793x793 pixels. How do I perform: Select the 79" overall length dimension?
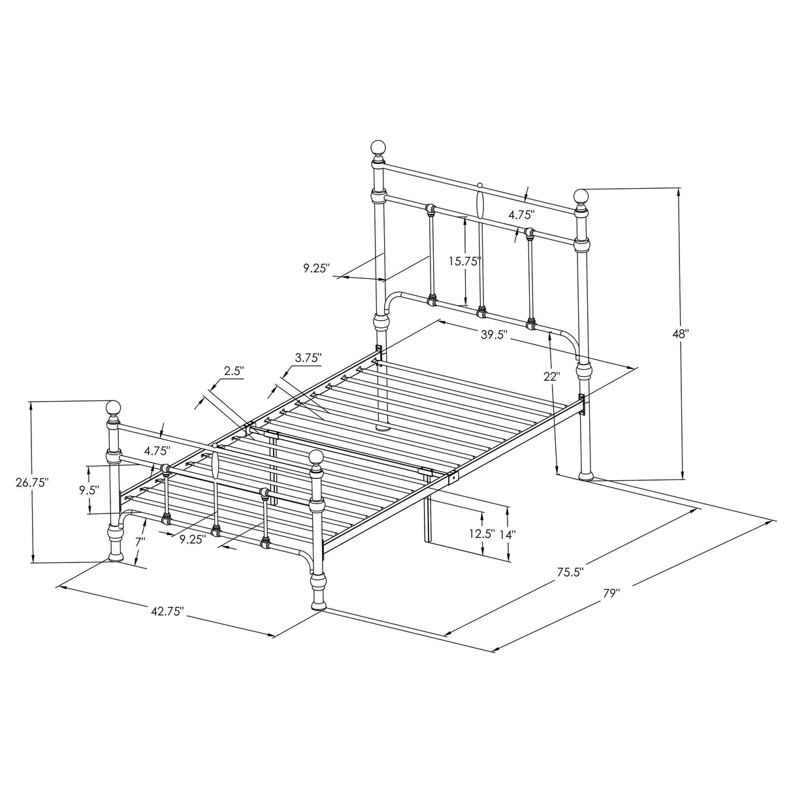tap(611, 594)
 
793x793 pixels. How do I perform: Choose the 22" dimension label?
tap(552, 376)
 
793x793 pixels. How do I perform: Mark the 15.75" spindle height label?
tap(464, 261)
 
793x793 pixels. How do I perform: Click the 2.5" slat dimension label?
tap(234, 371)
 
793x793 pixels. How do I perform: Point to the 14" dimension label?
tap(508, 534)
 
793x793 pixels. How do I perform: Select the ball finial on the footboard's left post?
tap(114, 409)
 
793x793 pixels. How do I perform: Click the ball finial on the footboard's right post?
tap(317, 459)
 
